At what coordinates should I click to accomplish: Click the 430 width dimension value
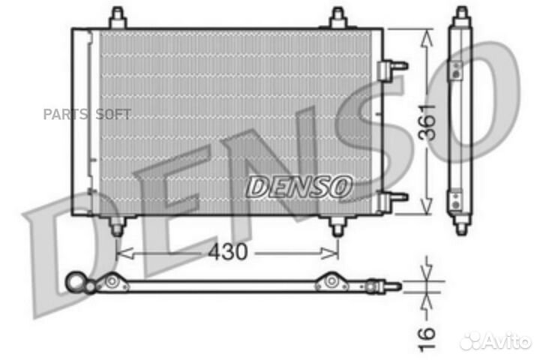[227, 253]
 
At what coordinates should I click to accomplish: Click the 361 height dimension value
[426, 122]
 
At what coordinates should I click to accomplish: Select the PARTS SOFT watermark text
[87, 114]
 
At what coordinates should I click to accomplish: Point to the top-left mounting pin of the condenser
[117, 17]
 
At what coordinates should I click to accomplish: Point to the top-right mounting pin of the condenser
[338, 17]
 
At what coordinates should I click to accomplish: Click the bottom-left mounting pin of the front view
[117, 224]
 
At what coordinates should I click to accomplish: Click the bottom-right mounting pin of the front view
[338, 224]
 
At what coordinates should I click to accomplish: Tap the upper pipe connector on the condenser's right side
[392, 68]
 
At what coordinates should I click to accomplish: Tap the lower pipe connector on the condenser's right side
[392, 199]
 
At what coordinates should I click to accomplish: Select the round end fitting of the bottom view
[76, 281]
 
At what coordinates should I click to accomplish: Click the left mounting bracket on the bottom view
[112, 283]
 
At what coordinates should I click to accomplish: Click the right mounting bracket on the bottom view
[331, 283]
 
